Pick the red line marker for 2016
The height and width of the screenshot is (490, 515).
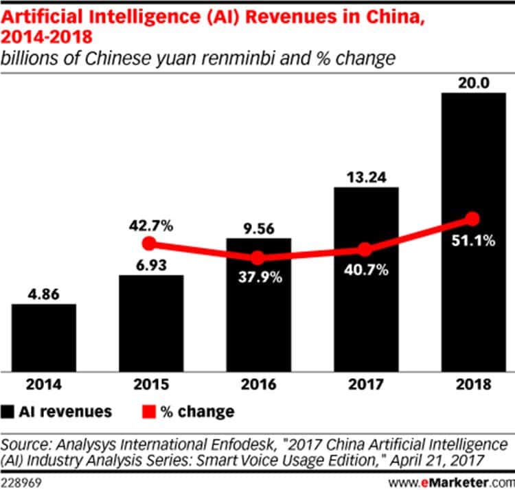click(257, 258)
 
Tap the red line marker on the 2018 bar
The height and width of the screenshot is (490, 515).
click(472, 219)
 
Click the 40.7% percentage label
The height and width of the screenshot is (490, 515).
click(365, 270)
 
